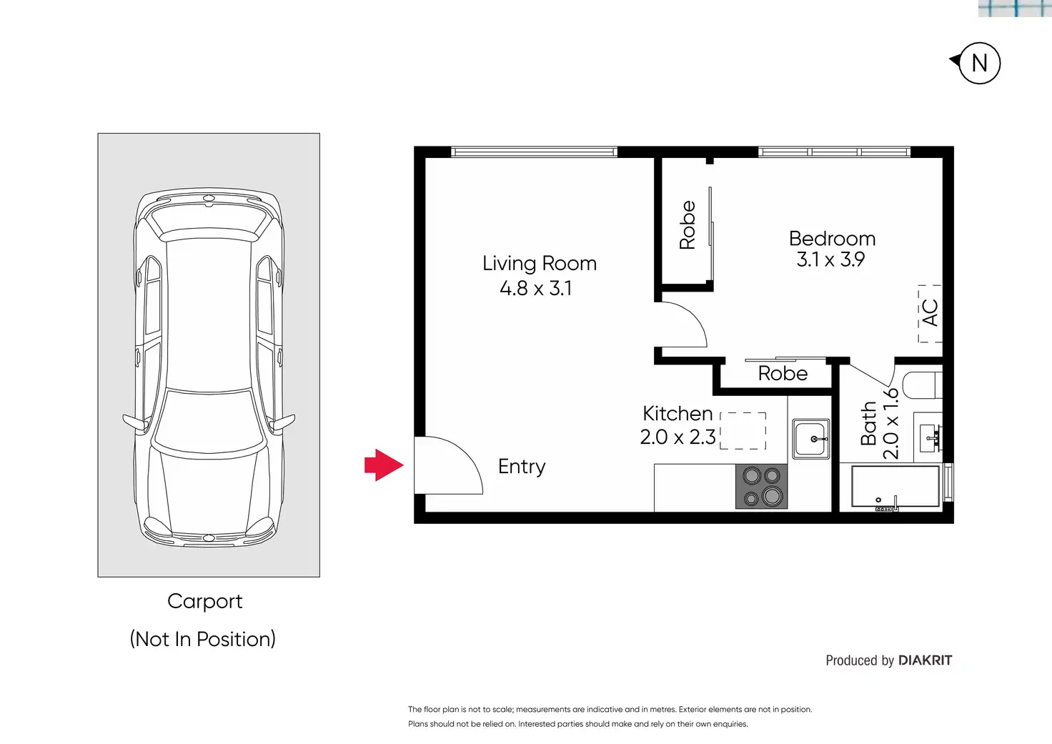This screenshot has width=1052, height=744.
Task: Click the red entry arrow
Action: pyautogui.click(x=384, y=465)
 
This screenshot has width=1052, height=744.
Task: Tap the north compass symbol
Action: pyautogui.click(x=977, y=63)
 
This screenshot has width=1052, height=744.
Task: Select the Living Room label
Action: pyautogui.click(x=539, y=264)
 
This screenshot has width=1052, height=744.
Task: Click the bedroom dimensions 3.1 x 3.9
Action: pyautogui.click(x=830, y=259)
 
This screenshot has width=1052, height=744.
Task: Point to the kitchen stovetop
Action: pyautogui.click(x=761, y=486)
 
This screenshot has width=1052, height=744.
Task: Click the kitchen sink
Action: pyautogui.click(x=810, y=439)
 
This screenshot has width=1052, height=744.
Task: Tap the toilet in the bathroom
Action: pyautogui.click(x=923, y=385)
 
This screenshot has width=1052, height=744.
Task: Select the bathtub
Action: pyautogui.click(x=895, y=487)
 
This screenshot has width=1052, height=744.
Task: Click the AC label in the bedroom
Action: pyautogui.click(x=930, y=313)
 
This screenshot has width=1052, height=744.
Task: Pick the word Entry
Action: pyautogui.click(x=522, y=467)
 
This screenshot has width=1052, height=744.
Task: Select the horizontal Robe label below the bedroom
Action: pyautogui.click(x=783, y=373)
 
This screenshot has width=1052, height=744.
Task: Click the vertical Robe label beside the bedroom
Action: pyautogui.click(x=687, y=224)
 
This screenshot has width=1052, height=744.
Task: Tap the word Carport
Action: pyautogui.click(x=205, y=602)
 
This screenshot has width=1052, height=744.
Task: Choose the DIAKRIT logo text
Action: pyautogui.click(x=926, y=660)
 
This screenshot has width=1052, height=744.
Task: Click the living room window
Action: pyautogui.click(x=534, y=152)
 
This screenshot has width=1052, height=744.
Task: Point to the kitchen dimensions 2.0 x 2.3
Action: pyautogui.click(x=678, y=437)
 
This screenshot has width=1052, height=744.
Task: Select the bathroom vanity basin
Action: pyautogui.click(x=928, y=438)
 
